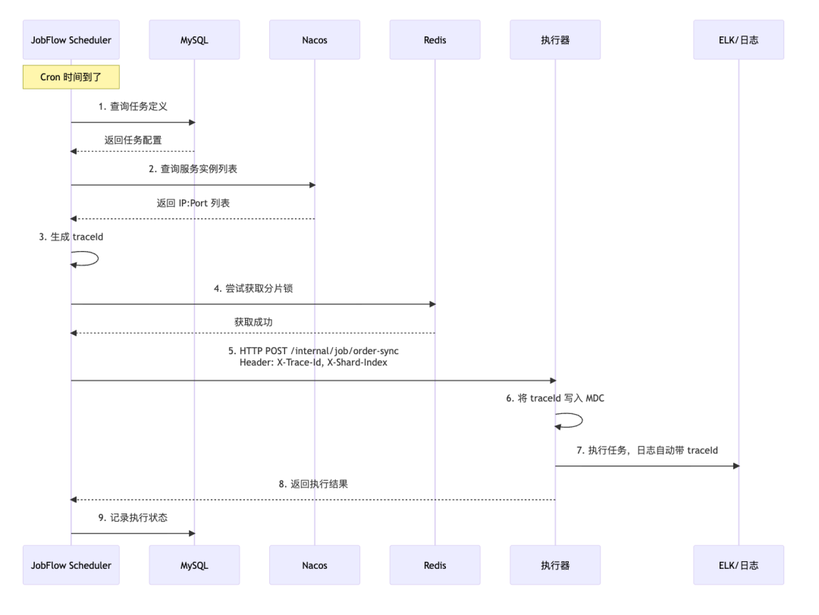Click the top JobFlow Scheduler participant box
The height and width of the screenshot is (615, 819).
click(71, 40)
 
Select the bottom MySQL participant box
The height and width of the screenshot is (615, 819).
click(194, 565)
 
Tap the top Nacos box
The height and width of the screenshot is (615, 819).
click(315, 40)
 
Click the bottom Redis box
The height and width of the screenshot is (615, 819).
click(435, 565)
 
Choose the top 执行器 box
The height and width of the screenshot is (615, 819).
click(555, 40)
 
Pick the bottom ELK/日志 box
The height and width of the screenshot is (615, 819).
click(739, 565)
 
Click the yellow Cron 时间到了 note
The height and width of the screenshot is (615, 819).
click(71, 77)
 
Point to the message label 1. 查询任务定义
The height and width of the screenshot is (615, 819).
click(133, 107)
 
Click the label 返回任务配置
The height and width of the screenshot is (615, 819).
click(133, 140)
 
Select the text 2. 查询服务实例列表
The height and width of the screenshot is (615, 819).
click(193, 169)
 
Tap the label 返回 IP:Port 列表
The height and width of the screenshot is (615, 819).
click(193, 203)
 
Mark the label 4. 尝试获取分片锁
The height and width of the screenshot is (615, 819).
click(253, 289)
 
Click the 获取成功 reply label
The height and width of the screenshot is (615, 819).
click(253, 322)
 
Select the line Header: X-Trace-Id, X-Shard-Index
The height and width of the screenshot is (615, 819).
click(313, 363)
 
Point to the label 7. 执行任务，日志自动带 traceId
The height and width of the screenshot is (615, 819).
click(647, 450)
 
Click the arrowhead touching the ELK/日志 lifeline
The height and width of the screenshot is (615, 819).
click(734, 466)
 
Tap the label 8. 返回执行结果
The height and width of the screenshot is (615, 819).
click(313, 484)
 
